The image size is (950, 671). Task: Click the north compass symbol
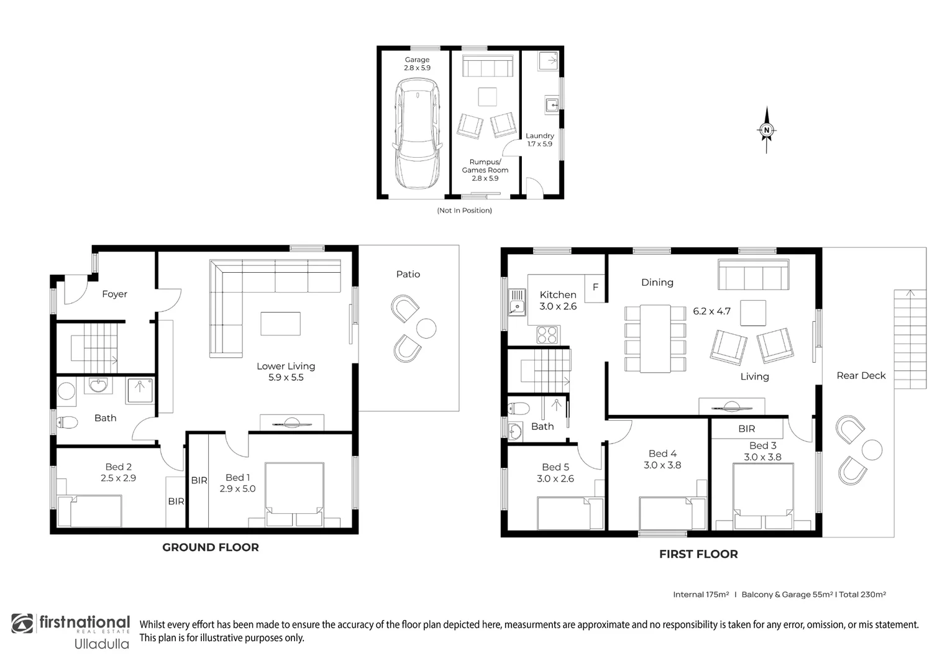click(766, 130)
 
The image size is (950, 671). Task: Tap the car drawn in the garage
click(417, 136)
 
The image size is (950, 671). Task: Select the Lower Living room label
click(286, 366)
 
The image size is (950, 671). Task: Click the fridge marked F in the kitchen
click(595, 287)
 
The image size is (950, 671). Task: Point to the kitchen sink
click(517, 303)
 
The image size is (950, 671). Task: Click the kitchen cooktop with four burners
click(547, 335)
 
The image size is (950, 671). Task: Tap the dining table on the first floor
click(655, 338)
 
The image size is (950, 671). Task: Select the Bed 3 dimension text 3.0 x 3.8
click(762, 457)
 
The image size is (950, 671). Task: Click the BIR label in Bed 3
click(746, 429)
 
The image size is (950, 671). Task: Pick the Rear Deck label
click(861, 375)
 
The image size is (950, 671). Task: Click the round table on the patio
click(426, 327)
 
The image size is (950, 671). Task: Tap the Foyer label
click(114, 294)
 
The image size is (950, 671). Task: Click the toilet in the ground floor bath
click(66, 422)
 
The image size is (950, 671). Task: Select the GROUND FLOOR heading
click(210, 547)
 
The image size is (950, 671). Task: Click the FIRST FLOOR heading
click(698, 554)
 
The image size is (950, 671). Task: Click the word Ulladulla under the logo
click(102, 644)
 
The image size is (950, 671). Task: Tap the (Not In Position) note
click(464, 211)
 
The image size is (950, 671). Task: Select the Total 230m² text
click(862, 595)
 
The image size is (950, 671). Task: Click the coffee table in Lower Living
click(280, 324)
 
